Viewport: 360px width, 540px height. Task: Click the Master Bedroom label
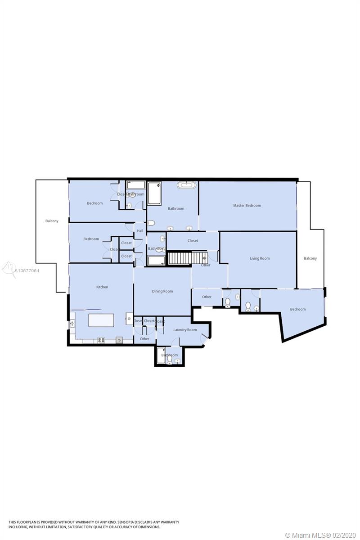click(247, 206)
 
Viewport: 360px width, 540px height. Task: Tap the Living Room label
click(260, 258)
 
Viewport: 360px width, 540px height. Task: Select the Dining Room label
click(162, 291)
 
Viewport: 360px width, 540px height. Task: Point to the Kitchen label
click(102, 287)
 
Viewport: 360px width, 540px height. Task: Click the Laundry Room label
click(185, 330)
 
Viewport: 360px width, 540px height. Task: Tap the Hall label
click(140, 231)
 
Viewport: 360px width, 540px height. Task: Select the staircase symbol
click(186, 258)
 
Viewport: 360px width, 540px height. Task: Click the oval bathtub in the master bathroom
click(186, 185)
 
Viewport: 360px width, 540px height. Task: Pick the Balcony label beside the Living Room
click(310, 258)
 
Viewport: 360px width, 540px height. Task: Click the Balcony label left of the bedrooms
click(52, 221)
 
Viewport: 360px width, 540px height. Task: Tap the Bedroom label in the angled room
click(297, 309)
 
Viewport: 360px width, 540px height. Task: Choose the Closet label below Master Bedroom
click(193, 241)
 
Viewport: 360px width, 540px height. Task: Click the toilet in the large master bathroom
click(151, 223)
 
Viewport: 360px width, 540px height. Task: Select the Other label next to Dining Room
click(207, 297)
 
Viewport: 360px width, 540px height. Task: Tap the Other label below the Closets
click(144, 339)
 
